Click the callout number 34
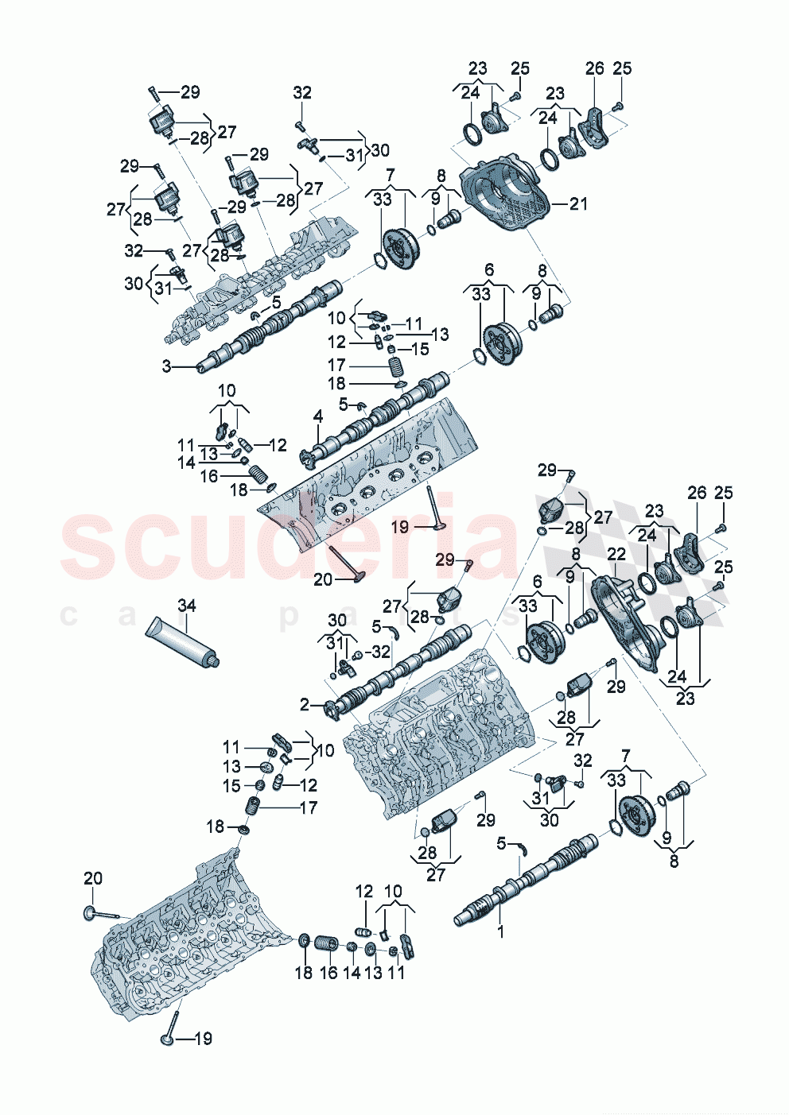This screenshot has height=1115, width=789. [x=186, y=606]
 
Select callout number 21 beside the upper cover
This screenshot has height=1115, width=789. [x=578, y=203]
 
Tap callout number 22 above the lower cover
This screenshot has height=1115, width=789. [x=616, y=554]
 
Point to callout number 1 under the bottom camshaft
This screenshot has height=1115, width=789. [x=500, y=931]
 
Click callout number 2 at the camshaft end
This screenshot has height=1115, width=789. [x=305, y=704]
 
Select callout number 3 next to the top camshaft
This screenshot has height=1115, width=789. [x=167, y=366]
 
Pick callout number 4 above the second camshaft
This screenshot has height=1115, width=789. [x=318, y=416]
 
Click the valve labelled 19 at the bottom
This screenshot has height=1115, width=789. [x=169, y=1037]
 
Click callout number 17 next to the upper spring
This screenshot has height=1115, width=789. [x=337, y=365]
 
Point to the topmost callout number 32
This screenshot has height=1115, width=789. [x=302, y=93]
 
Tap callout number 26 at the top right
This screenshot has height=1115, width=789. [x=595, y=69]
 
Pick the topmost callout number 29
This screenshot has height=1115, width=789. [x=190, y=92]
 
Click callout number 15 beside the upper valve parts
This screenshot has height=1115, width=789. [x=420, y=349]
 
